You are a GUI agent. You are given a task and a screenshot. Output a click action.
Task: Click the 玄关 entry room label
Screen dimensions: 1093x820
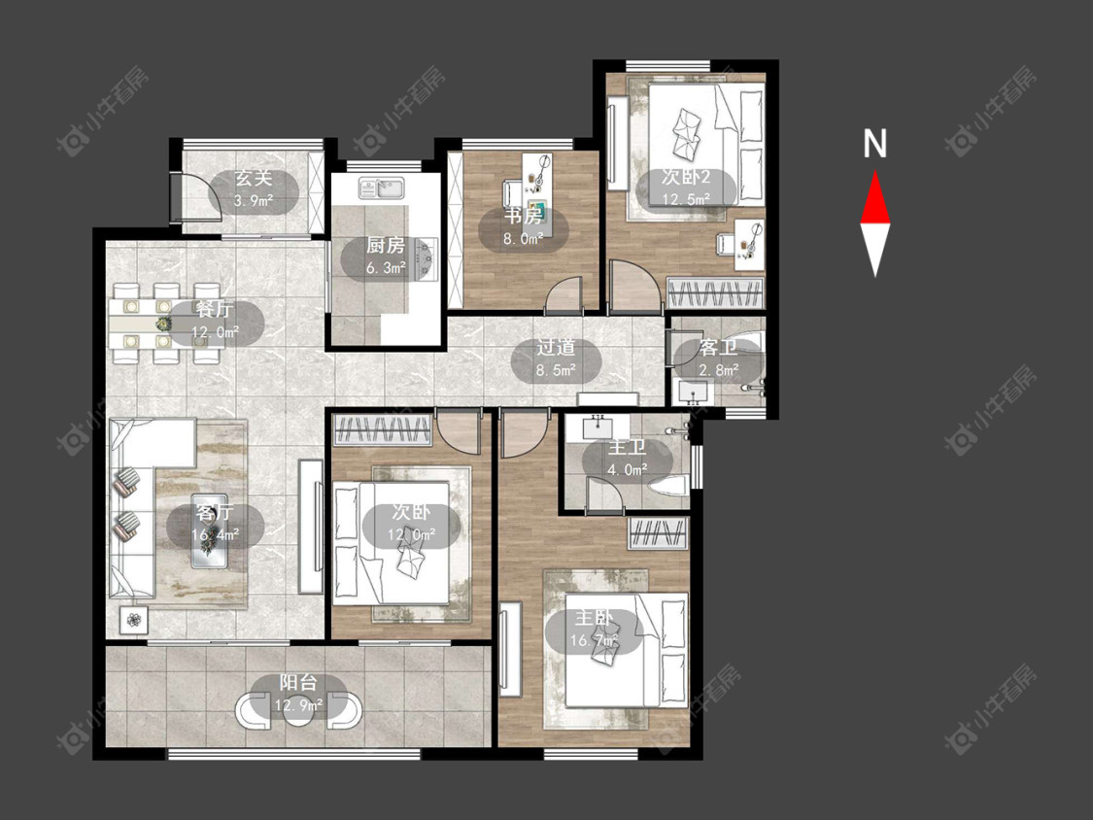(x=253, y=178)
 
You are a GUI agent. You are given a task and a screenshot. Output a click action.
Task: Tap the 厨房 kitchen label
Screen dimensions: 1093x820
(x=386, y=245)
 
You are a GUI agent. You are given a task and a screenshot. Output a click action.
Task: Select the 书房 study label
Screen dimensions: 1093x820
(x=524, y=216)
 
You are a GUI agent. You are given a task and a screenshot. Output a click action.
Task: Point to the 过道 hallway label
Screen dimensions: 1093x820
(x=556, y=347)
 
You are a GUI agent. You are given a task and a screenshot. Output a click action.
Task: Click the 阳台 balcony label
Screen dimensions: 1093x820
(x=298, y=682)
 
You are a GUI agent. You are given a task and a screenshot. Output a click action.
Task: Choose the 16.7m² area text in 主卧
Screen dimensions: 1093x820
(x=595, y=640)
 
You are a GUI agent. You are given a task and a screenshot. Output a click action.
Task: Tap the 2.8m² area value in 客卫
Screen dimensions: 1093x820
(x=719, y=370)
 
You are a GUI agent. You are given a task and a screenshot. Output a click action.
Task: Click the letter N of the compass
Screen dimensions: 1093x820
(x=874, y=144)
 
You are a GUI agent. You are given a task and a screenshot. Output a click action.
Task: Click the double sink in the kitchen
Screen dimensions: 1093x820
(x=381, y=188)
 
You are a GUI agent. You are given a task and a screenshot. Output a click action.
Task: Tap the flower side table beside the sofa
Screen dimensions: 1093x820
(x=133, y=618)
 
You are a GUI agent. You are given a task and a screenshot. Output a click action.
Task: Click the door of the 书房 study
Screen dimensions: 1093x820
(x=564, y=293)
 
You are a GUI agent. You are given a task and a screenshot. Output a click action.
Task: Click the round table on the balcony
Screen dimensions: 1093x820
(x=298, y=711)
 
